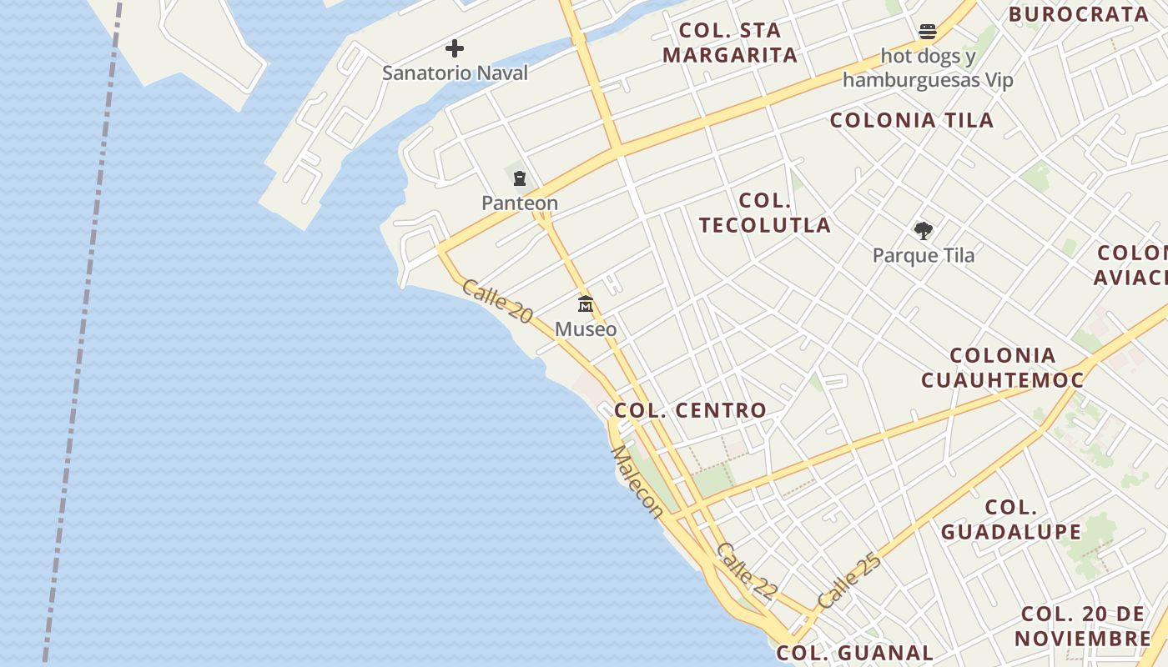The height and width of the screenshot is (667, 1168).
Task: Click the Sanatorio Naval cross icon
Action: click(x=455, y=48)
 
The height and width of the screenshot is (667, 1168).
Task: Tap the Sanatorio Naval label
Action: click(x=455, y=73)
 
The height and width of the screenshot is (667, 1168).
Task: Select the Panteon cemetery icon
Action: click(x=520, y=178)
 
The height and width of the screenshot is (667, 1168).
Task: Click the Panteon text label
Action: click(x=520, y=203)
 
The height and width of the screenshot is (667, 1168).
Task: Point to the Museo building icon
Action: click(x=586, y=304)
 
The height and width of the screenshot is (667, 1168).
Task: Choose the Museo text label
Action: click(x=586, y=329)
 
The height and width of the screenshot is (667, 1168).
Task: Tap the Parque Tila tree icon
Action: click(x=923, y=230)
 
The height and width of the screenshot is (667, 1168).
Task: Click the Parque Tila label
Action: click(x=923, y=255)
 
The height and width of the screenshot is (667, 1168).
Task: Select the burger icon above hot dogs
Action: click(x=928, y=33)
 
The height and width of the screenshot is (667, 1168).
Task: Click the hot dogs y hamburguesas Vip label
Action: click(x=928, y=68)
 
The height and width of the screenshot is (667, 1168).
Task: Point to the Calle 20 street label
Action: click(x=496, y=301)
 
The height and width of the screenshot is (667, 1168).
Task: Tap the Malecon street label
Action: click(x=637, y=482)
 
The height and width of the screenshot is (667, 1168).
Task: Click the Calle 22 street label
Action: click(x=747, y=572)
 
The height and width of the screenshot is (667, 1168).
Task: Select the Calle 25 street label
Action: click(x=849, y=580)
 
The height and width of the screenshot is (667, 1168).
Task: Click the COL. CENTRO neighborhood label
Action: click(x=690, y=410)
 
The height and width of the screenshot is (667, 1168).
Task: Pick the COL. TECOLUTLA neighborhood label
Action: click(x=765, y=213)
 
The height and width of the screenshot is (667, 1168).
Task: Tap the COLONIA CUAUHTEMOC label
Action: click(x=1002, y=368)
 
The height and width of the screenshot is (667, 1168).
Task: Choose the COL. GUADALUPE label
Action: click(x=1011, y=519)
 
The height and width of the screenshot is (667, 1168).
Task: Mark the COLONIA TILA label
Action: click(x=912, y=120)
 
